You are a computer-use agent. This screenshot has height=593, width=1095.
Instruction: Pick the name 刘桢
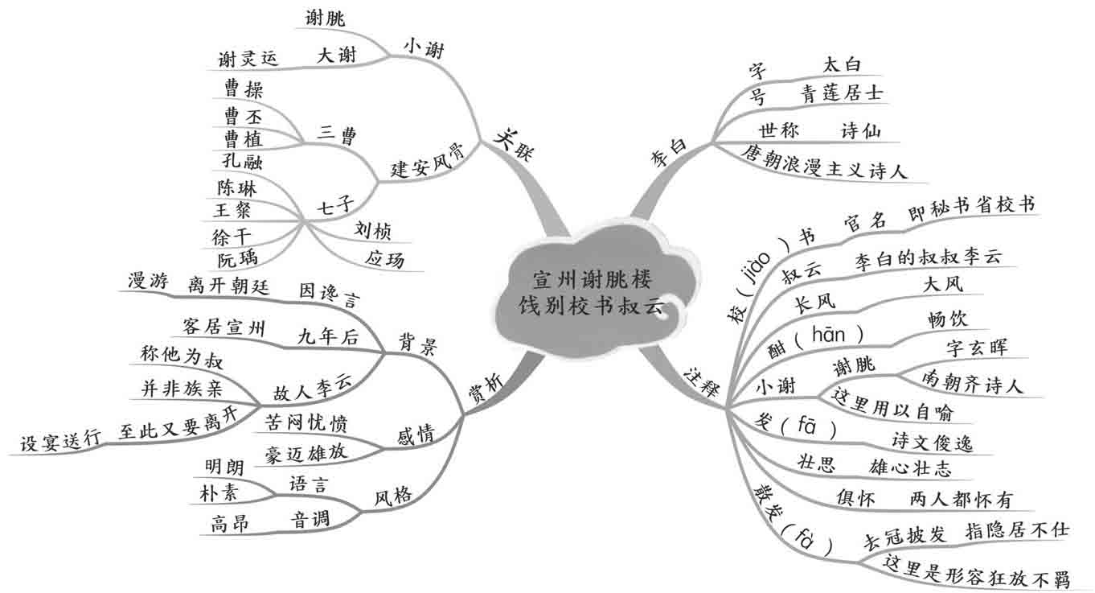(x=372, y=232)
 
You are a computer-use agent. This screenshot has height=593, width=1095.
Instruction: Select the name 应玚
(x=384, y=261)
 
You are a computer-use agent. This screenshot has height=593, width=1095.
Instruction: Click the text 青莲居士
(x=842, y=94)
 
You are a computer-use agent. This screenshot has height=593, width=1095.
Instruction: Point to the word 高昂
(x=230, y=525)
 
